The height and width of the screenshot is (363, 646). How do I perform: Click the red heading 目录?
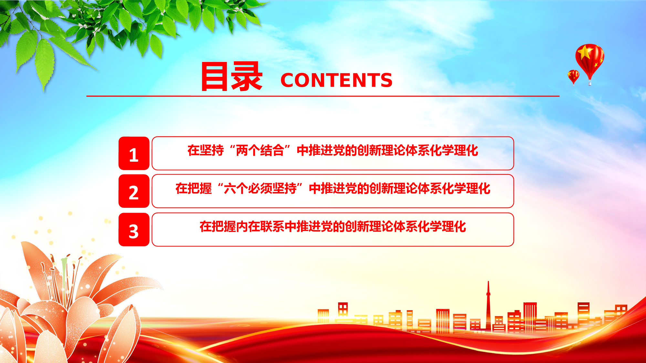point(232,76)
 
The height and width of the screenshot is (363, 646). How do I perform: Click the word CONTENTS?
point(336,80)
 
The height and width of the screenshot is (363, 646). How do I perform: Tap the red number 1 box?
point(134,153)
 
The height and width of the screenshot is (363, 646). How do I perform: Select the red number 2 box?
point(134,191)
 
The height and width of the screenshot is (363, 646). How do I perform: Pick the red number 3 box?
point(134,229)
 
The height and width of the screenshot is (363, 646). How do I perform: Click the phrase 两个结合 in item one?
point(260,150)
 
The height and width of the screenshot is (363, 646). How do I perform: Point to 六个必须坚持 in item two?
point(260,188)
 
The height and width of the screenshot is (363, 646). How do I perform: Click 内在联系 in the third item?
point(260,227)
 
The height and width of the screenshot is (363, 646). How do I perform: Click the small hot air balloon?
point(573,77)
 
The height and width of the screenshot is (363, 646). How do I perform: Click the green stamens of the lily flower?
point(64,274)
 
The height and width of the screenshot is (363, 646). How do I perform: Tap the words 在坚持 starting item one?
point(205,150)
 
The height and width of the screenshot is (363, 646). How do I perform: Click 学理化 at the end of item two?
point(472,188)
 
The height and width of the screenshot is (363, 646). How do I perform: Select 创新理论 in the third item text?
point(369,227)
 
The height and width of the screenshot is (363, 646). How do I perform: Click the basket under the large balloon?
point(590,84)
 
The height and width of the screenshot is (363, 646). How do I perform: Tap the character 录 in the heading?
point(247,76)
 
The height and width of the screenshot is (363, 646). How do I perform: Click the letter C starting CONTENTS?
point(287,80)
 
